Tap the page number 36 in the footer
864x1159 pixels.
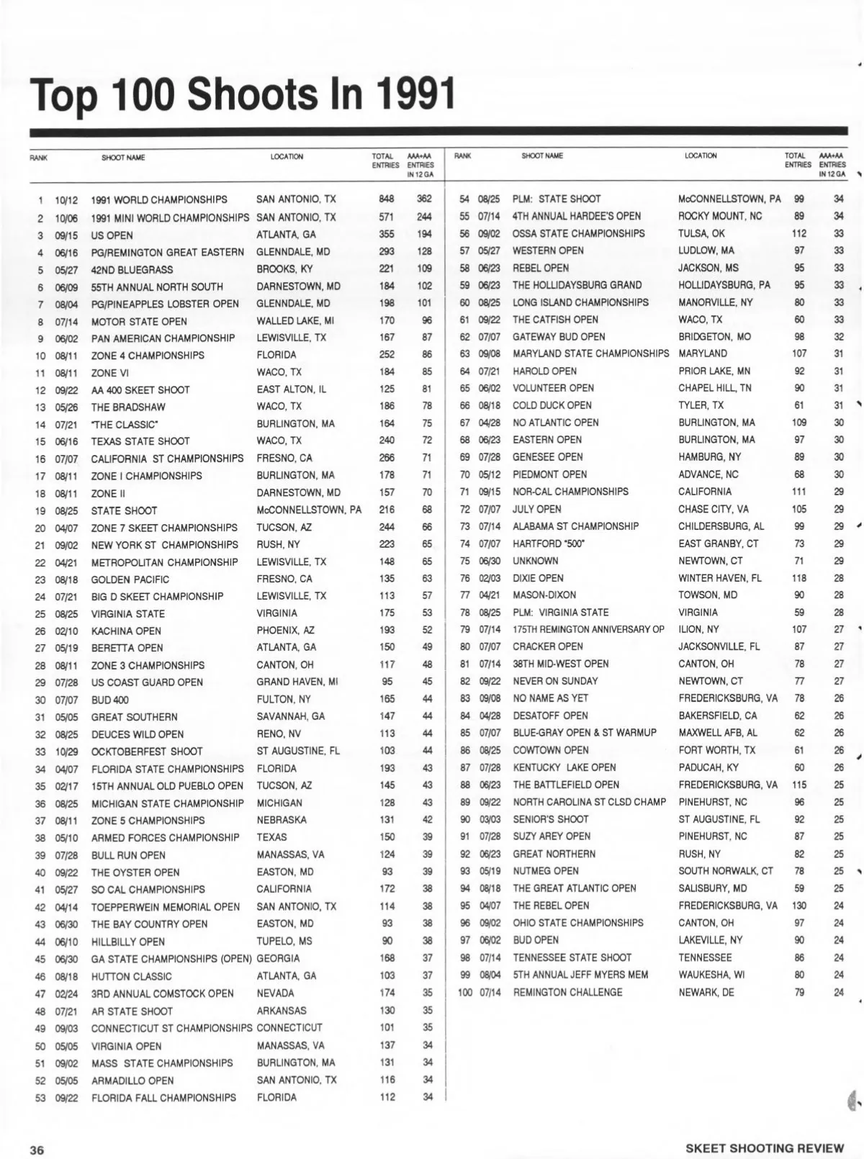(x=37, y=1149)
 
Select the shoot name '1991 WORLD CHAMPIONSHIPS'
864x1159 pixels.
(x=159, y=200)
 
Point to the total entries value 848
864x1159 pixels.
(x=387, y=199)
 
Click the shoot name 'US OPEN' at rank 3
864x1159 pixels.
(x=112, y=235)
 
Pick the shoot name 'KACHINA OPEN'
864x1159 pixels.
(x=126, y=631)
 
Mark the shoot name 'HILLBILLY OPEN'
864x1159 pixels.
(x=128, y=942)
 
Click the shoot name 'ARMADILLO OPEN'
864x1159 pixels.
(x=132, y=1081)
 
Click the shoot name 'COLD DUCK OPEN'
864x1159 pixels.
(x=552, y=405)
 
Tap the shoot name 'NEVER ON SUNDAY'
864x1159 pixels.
(x=555, y=681)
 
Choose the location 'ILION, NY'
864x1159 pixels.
(x=698, y=629)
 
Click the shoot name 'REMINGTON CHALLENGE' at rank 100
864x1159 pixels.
(x=567, y=992)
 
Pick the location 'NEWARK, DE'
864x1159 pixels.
(x=706, y=992)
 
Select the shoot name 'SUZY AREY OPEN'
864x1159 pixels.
(x=552, y=836)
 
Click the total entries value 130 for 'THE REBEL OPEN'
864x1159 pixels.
(x=798, y=906)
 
